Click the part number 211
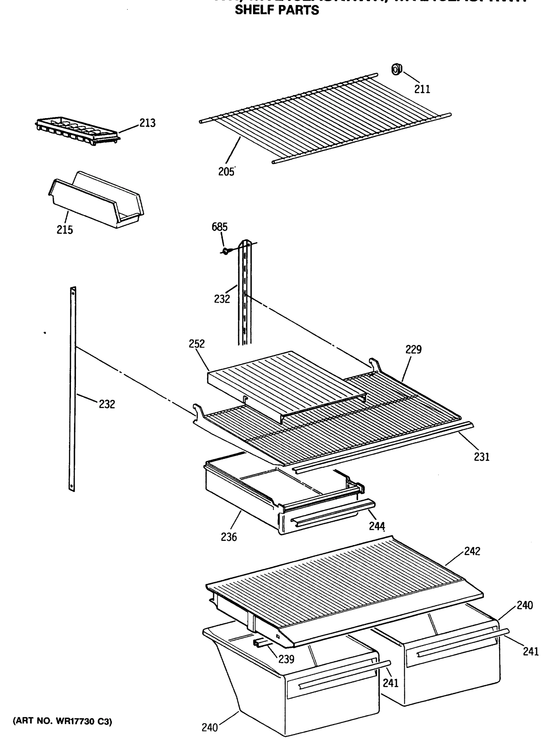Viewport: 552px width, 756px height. [422, 89]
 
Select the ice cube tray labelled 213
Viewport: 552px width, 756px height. [77, 132]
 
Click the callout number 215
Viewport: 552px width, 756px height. [65, 230]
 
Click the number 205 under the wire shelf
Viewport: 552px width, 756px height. [226, 172]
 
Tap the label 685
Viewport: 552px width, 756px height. [219, 227]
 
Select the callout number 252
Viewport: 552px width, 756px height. [196, 344]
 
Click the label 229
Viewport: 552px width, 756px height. [413, 350]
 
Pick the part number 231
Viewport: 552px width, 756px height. [481, 457]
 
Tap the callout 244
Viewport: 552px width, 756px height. [377, 526]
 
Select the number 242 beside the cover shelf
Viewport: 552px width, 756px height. [472, 551]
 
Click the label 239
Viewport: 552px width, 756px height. [286, 659]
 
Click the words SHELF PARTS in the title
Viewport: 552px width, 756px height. [277, 11]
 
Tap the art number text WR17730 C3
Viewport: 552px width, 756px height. [62, 721]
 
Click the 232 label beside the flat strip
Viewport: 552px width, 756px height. [107, 404]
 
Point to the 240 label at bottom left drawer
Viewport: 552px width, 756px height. [210, 727]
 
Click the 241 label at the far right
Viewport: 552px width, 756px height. [531, 651]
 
